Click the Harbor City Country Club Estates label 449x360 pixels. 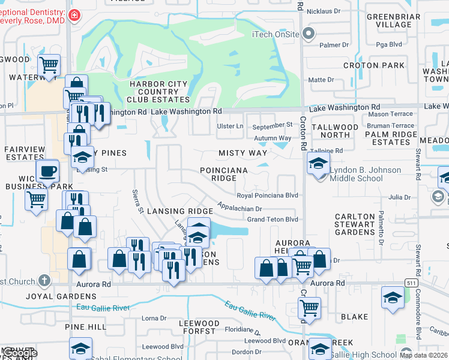159,91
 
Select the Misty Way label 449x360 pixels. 243,153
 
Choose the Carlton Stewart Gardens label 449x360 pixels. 355,224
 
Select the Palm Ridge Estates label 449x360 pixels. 391,138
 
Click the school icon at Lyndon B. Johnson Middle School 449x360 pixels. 318,163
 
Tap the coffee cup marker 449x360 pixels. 47,172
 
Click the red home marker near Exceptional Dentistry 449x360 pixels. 74,15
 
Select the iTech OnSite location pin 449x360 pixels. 309,34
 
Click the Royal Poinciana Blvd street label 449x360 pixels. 267,196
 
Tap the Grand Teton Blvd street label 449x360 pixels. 273,220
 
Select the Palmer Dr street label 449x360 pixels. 334,45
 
